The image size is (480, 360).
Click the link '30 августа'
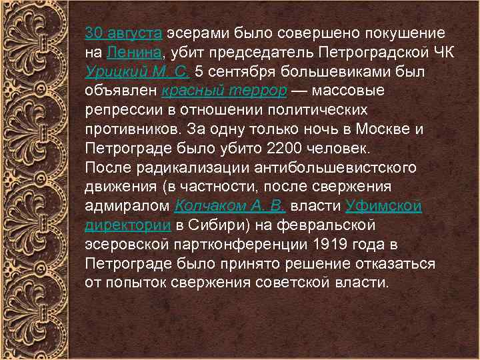[x=123, y=33]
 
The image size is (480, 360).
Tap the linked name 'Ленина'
[x=133, y=52]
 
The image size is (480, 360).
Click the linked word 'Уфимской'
[x=383, y=206]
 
